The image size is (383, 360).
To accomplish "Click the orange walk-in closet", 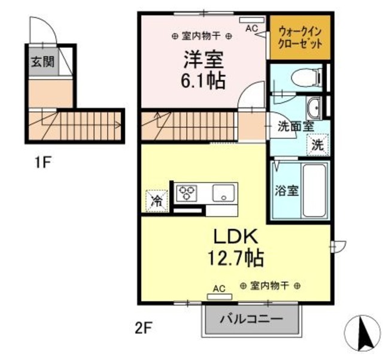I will click(x=300, y=38).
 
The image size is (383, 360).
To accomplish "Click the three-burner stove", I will click(x=187, y=193).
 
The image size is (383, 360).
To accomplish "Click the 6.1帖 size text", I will click(x=203, y=80).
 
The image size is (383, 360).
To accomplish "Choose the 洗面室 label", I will click(x=295, y=127).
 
